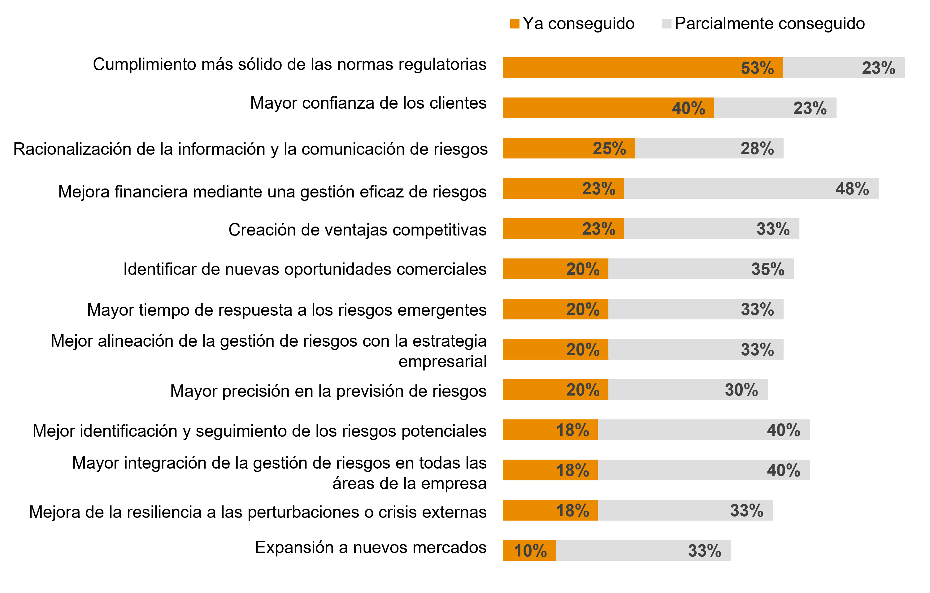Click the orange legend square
click(x=515, y=24)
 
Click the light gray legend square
click(x=666, y=24)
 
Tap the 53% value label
click(x=757, y=68)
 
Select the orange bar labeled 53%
click(x=618, y=68)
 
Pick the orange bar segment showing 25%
click(x=548, y=148)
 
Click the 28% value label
click(x=757, y=148)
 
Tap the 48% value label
click(x=852, y=189)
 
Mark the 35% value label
click(x=768, y=269)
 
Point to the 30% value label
click(x=741, y=390)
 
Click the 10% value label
click(x=530, y=551)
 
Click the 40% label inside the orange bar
click(x=688, y=108)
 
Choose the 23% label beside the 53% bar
click(x=878, y=68)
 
